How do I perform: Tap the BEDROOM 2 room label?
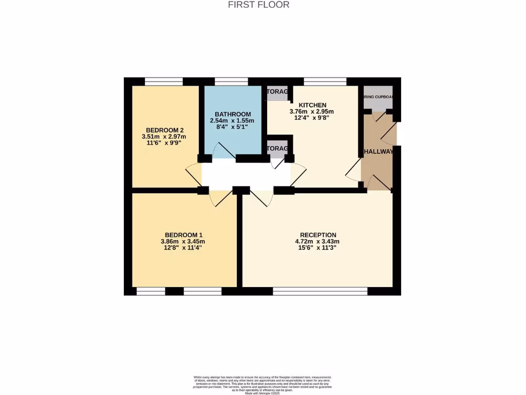point(164,130)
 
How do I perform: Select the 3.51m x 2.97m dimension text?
point(164,137)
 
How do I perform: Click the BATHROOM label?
point(233,114)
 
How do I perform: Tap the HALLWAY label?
point(379,152)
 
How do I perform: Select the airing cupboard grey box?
point(378,101)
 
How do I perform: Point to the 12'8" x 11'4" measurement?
point(183,247)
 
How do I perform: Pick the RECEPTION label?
point(318,235)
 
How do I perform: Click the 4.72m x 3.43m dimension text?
point(318,241)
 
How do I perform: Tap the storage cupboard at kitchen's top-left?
point(277,93)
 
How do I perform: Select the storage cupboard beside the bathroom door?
point(277,150)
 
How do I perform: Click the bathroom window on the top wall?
point(231,81)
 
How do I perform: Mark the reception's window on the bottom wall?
point(320,291)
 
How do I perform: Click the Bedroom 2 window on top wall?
point(164,81)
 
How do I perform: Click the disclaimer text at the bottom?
point(262,384)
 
